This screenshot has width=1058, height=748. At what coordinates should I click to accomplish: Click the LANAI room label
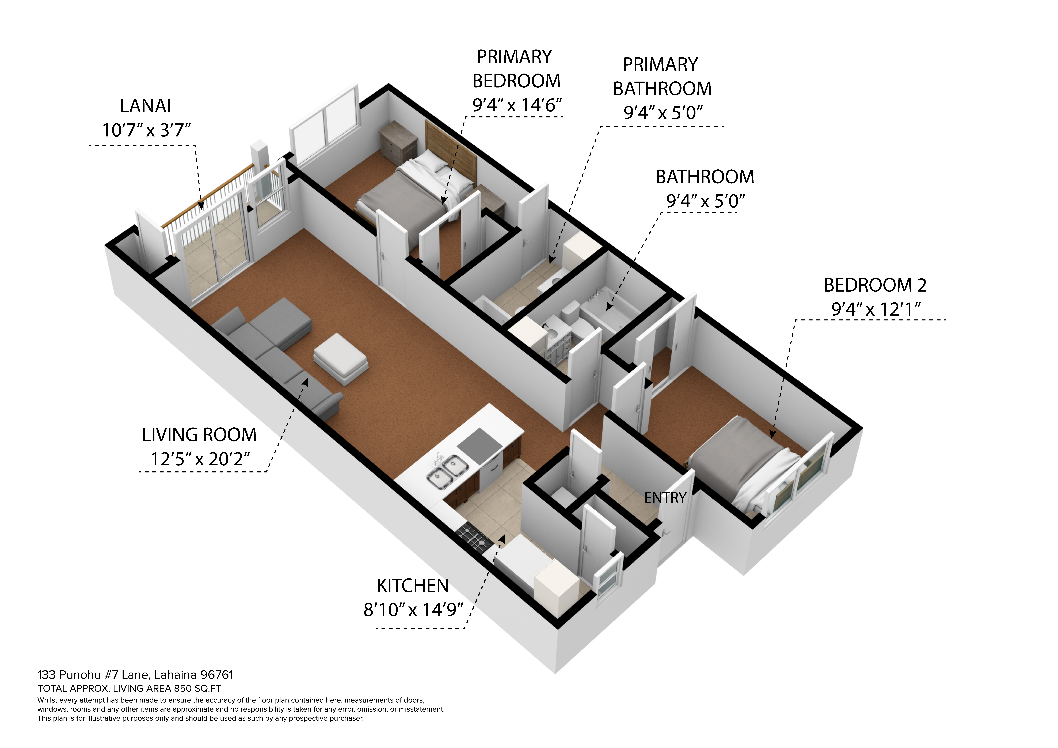click(145, 106)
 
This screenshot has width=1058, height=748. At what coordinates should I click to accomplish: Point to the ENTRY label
click(665, 498)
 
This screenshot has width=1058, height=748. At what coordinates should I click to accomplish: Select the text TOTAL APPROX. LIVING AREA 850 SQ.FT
click(129, 689)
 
